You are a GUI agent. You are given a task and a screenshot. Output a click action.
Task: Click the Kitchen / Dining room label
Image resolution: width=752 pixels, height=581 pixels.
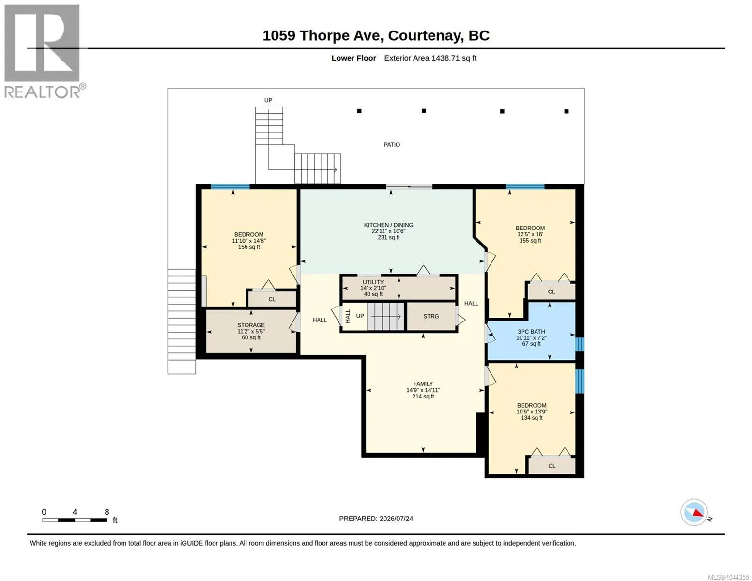point(388,225)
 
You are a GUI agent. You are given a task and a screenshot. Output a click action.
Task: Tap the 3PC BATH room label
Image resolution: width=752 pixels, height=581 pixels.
point(531,332)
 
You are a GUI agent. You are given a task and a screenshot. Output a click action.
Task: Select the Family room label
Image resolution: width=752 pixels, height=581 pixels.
point(423,384)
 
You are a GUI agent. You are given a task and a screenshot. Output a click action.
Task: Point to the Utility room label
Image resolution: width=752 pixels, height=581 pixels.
point(373,282)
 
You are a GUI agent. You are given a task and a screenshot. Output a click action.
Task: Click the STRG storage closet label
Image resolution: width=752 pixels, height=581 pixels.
point(431,316)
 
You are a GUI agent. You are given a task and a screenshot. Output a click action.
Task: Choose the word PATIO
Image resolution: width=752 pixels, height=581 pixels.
point(392,145)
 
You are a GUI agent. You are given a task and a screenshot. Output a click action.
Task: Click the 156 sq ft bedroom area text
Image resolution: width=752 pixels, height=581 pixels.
point(249,247)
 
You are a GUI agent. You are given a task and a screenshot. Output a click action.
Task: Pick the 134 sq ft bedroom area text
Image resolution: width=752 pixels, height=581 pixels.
point(532,418)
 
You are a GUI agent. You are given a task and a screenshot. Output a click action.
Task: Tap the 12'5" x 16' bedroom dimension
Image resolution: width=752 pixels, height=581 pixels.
point(530,234)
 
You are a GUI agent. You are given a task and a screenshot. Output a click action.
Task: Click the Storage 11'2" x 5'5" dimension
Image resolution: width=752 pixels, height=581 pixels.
point(251,331)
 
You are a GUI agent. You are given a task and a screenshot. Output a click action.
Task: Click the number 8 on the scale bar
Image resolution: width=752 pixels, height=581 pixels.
point(107,512)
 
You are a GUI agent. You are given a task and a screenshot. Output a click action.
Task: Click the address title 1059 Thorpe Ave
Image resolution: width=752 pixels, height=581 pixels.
point(322,36)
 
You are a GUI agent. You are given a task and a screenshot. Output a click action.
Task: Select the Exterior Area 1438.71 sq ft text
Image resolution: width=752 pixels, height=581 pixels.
point(430,58)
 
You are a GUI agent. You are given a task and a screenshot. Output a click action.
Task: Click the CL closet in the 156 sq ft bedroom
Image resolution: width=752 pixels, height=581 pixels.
point(272,299)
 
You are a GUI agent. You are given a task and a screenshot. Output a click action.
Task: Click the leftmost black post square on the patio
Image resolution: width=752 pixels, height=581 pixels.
point(359,111)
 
